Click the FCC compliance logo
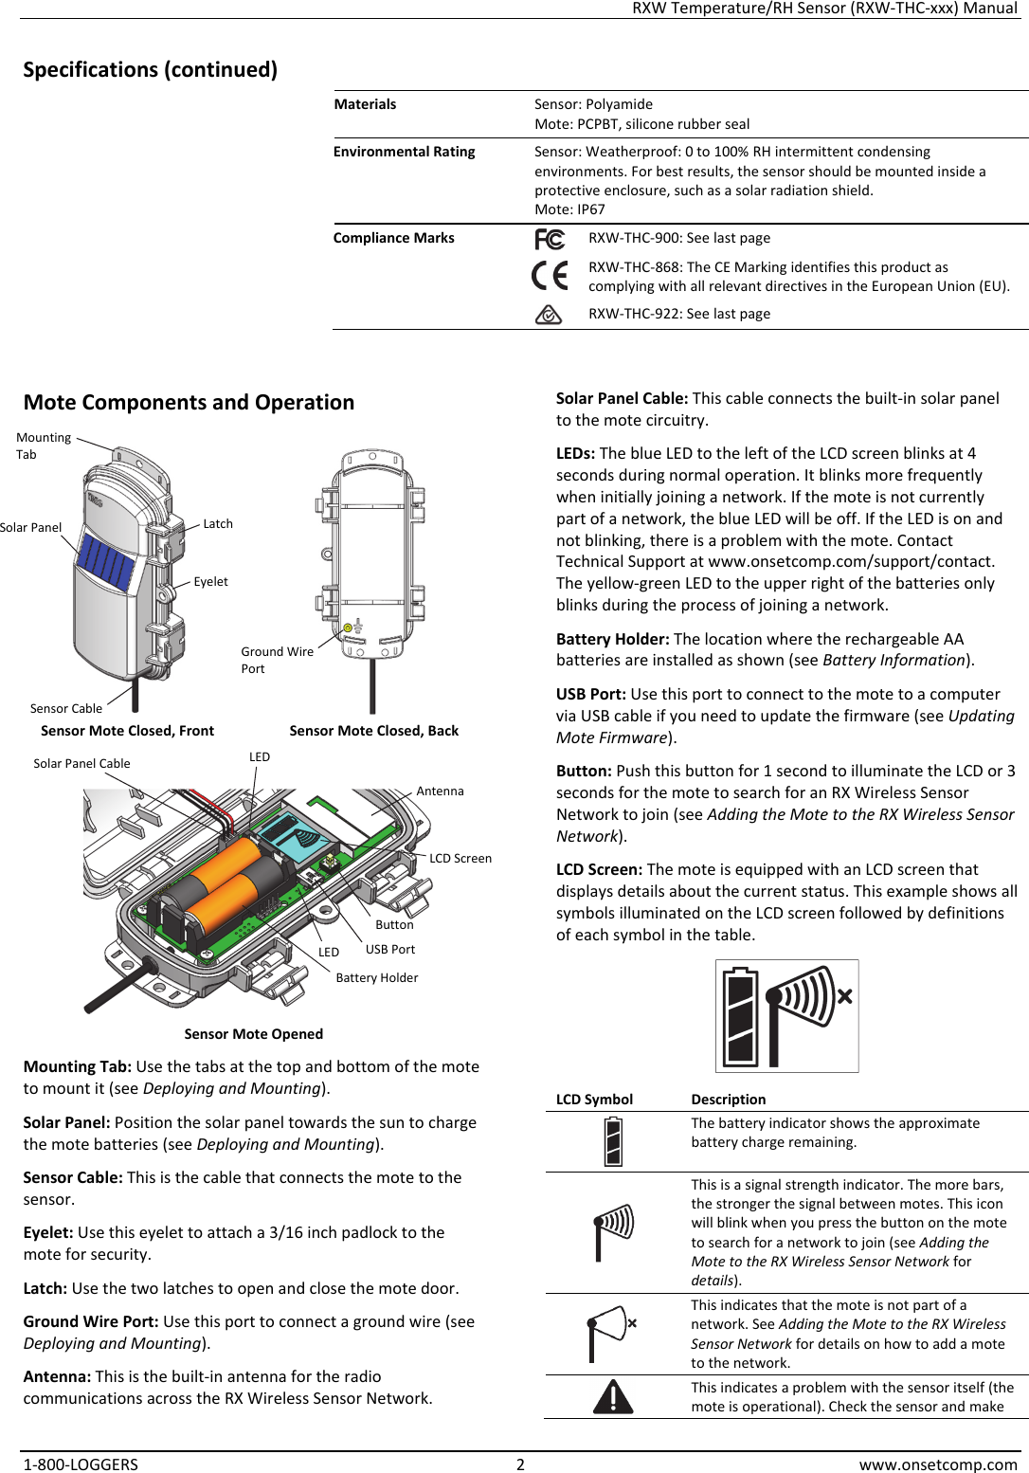tap(550, 239)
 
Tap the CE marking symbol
tap(550, 276)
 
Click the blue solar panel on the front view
tap(105, 560)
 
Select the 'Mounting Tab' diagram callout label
tap(44, 446)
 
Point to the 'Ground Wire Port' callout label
tap(277, 660)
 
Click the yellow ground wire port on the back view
tap(348, 627)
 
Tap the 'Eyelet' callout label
tap(210, 582)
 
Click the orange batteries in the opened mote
tap(227, 886)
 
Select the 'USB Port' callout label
tap(390, 950)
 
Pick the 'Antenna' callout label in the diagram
tap(440, 791)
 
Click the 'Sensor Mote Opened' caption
tap(253, 1034)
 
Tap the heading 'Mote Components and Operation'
tap(189, 403)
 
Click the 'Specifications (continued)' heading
tap(150, 70)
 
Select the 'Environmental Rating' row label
tap(404, 152)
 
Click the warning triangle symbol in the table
tap(613, 1397)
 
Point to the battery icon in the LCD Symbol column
tap(613, 1141)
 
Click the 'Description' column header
tap(728, 1100)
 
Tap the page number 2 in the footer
tap(519, 1464)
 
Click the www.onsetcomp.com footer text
tap(937, 1464)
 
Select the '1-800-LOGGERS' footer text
tap(81, 1464)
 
